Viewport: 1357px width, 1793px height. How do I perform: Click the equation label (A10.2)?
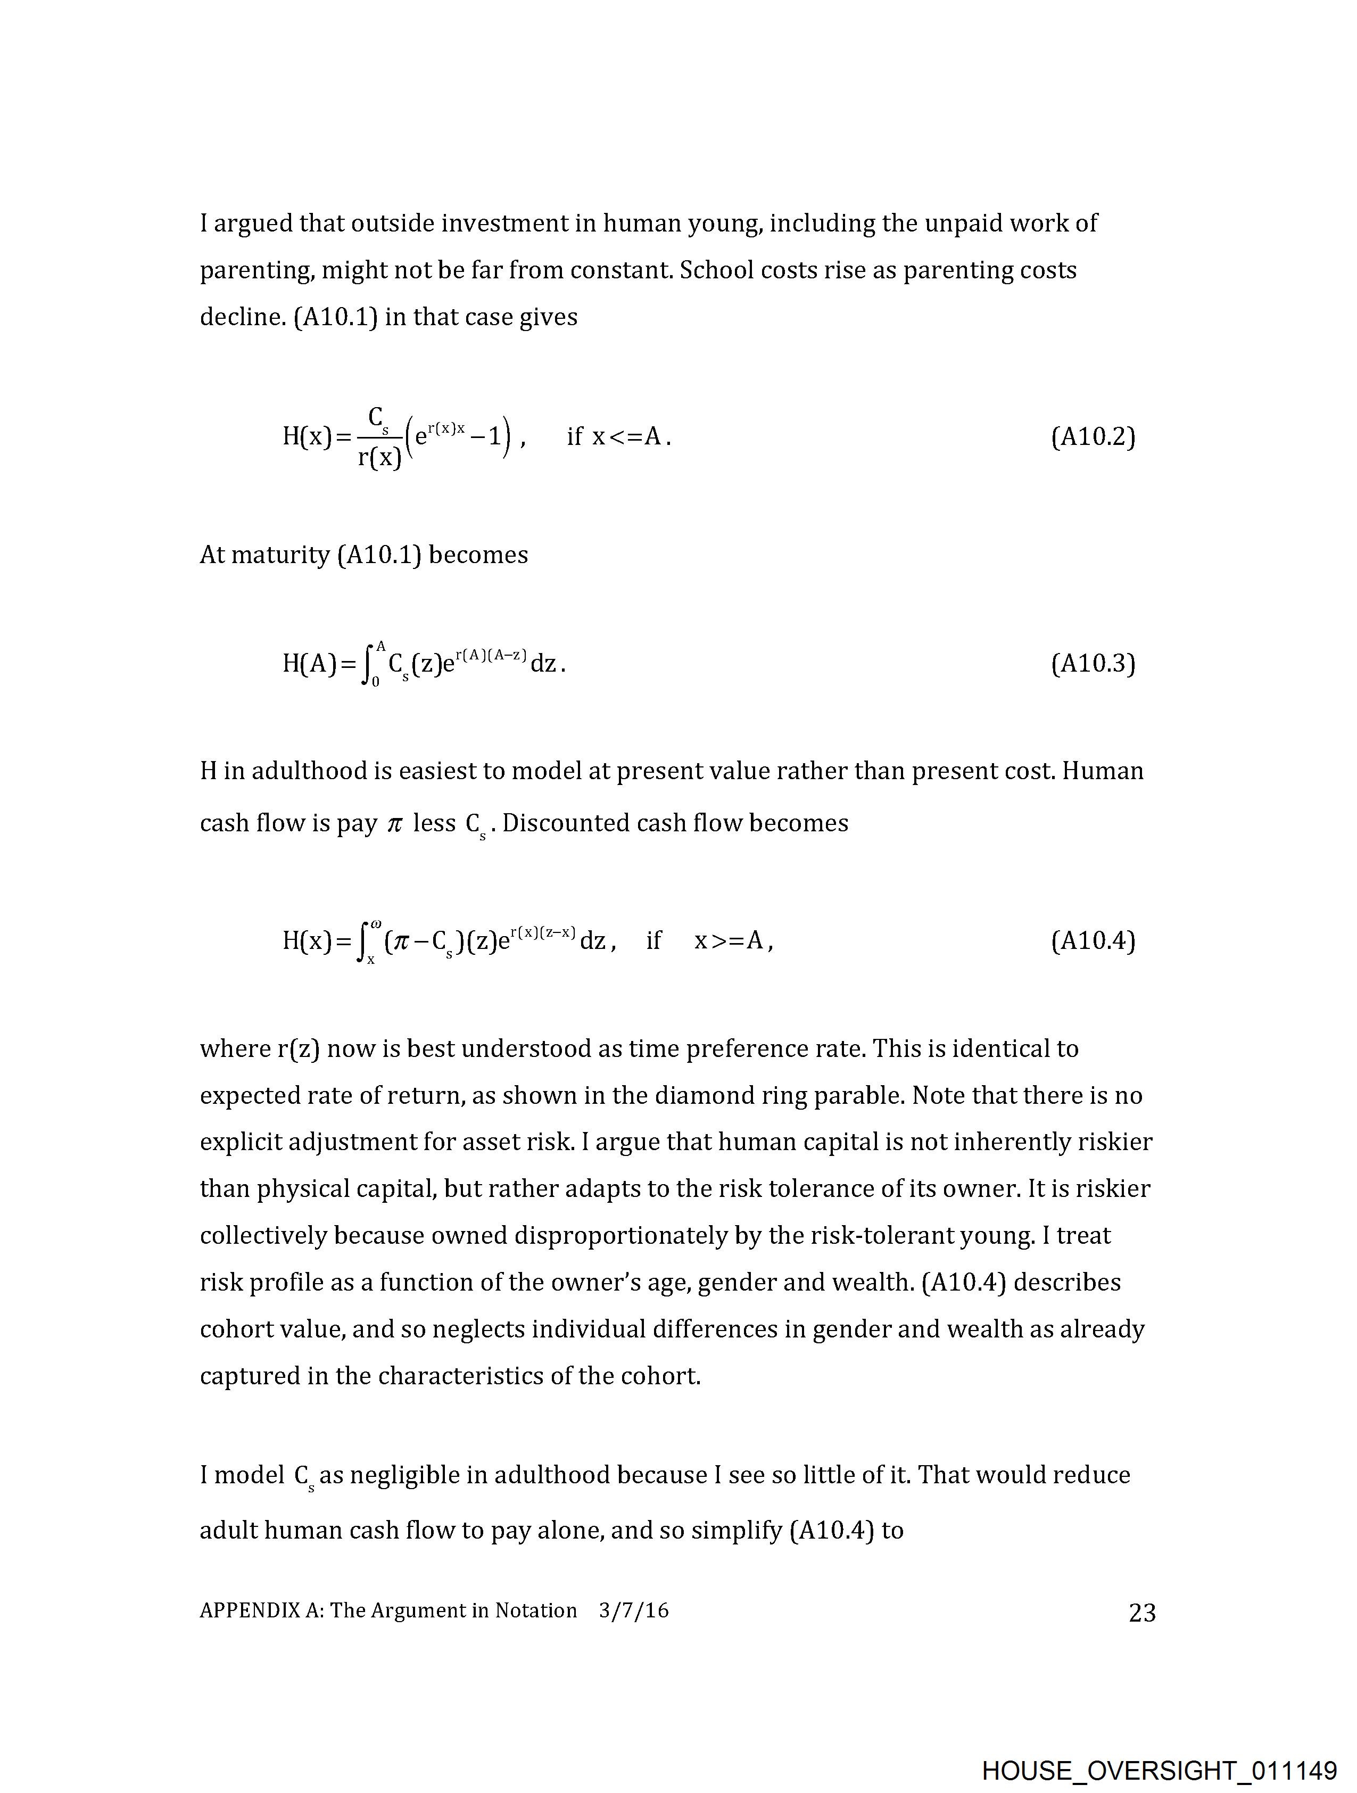click(x=1093, y=437)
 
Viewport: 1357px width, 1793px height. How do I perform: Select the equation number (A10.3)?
click(x=1093, y=664)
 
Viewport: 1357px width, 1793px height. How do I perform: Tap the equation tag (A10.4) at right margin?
click(x=1093, y=940)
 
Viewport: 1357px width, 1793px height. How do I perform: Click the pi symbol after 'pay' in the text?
click(x=395, y=823)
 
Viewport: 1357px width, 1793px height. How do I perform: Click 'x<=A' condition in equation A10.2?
click(x=630, y=437)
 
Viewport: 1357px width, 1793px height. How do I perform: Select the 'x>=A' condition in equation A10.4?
click(x=729, y=940)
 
